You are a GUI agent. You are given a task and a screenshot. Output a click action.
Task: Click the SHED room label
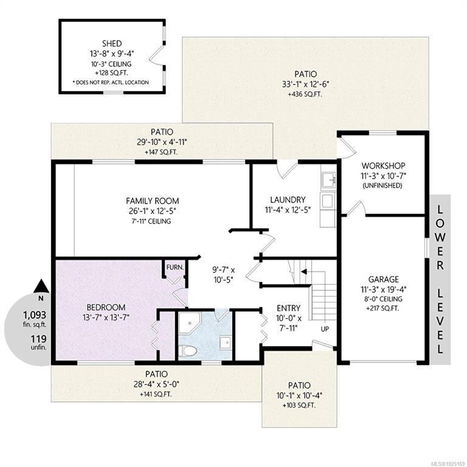coord(112,44)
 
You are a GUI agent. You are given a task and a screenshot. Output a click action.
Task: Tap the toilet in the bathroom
coord(187,351)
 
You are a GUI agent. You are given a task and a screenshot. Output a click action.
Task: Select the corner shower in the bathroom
coord(190,323)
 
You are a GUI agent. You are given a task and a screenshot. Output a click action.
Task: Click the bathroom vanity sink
coord(226,342)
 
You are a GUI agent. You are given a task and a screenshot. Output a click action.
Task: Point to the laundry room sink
coord(328,180)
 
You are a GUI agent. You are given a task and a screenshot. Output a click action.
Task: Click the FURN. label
coord(175,268)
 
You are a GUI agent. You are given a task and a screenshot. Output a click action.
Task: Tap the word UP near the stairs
coord(325,329)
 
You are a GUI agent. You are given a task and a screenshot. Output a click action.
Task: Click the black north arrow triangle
coord(41,286)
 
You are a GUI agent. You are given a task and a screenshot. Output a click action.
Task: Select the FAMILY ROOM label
coord(153,201)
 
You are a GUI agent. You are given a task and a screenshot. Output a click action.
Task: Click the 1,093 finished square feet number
coord(35,315)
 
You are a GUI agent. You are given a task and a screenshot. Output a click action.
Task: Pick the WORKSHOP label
coord(383,165)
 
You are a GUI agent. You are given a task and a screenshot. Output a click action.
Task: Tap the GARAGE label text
coord(383,279)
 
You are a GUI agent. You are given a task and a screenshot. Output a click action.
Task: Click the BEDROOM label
coord(106,307)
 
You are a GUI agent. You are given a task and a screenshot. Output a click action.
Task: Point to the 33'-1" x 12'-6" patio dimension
coord(306,85)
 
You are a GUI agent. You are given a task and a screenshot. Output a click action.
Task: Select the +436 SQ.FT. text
coord(305,94)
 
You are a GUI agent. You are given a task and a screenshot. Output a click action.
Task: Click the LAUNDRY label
coord(288,199)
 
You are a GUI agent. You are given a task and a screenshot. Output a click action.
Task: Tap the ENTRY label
coord(289,308)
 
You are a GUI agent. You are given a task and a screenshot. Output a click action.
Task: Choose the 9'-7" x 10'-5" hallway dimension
coord(223,275)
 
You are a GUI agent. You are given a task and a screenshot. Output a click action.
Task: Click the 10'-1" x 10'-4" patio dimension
coord(299,396)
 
